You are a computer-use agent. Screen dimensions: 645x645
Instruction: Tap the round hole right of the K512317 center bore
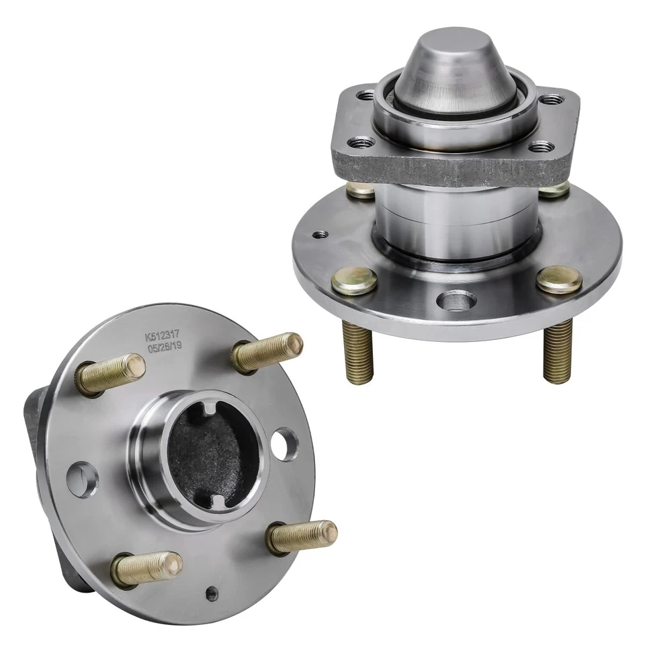(286, 445)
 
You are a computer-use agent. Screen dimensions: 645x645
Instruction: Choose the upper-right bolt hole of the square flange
(553, 99)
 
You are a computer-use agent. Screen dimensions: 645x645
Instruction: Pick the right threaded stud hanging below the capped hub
(557, 349)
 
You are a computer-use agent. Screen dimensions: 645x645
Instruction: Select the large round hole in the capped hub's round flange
(456, 300)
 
